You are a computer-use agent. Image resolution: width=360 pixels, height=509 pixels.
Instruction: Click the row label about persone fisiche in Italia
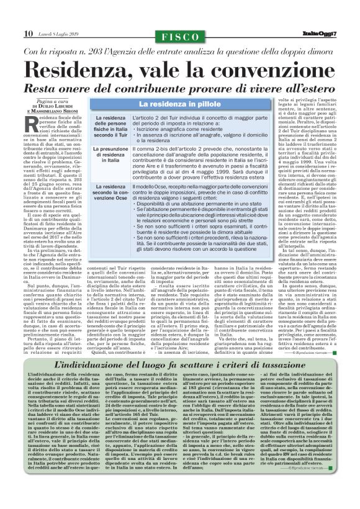pos(112,126)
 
